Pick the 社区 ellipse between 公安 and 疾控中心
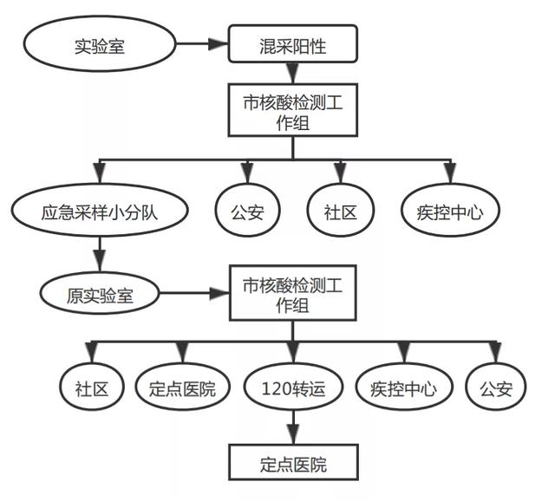(339, 211)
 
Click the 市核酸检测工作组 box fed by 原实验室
(292, 294)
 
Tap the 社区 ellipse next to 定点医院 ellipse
(90, 388)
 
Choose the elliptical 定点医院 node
(183, 388)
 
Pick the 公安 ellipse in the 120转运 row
(495, 388)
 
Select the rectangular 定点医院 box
(292, 464)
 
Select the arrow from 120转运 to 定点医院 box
(292, 426)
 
